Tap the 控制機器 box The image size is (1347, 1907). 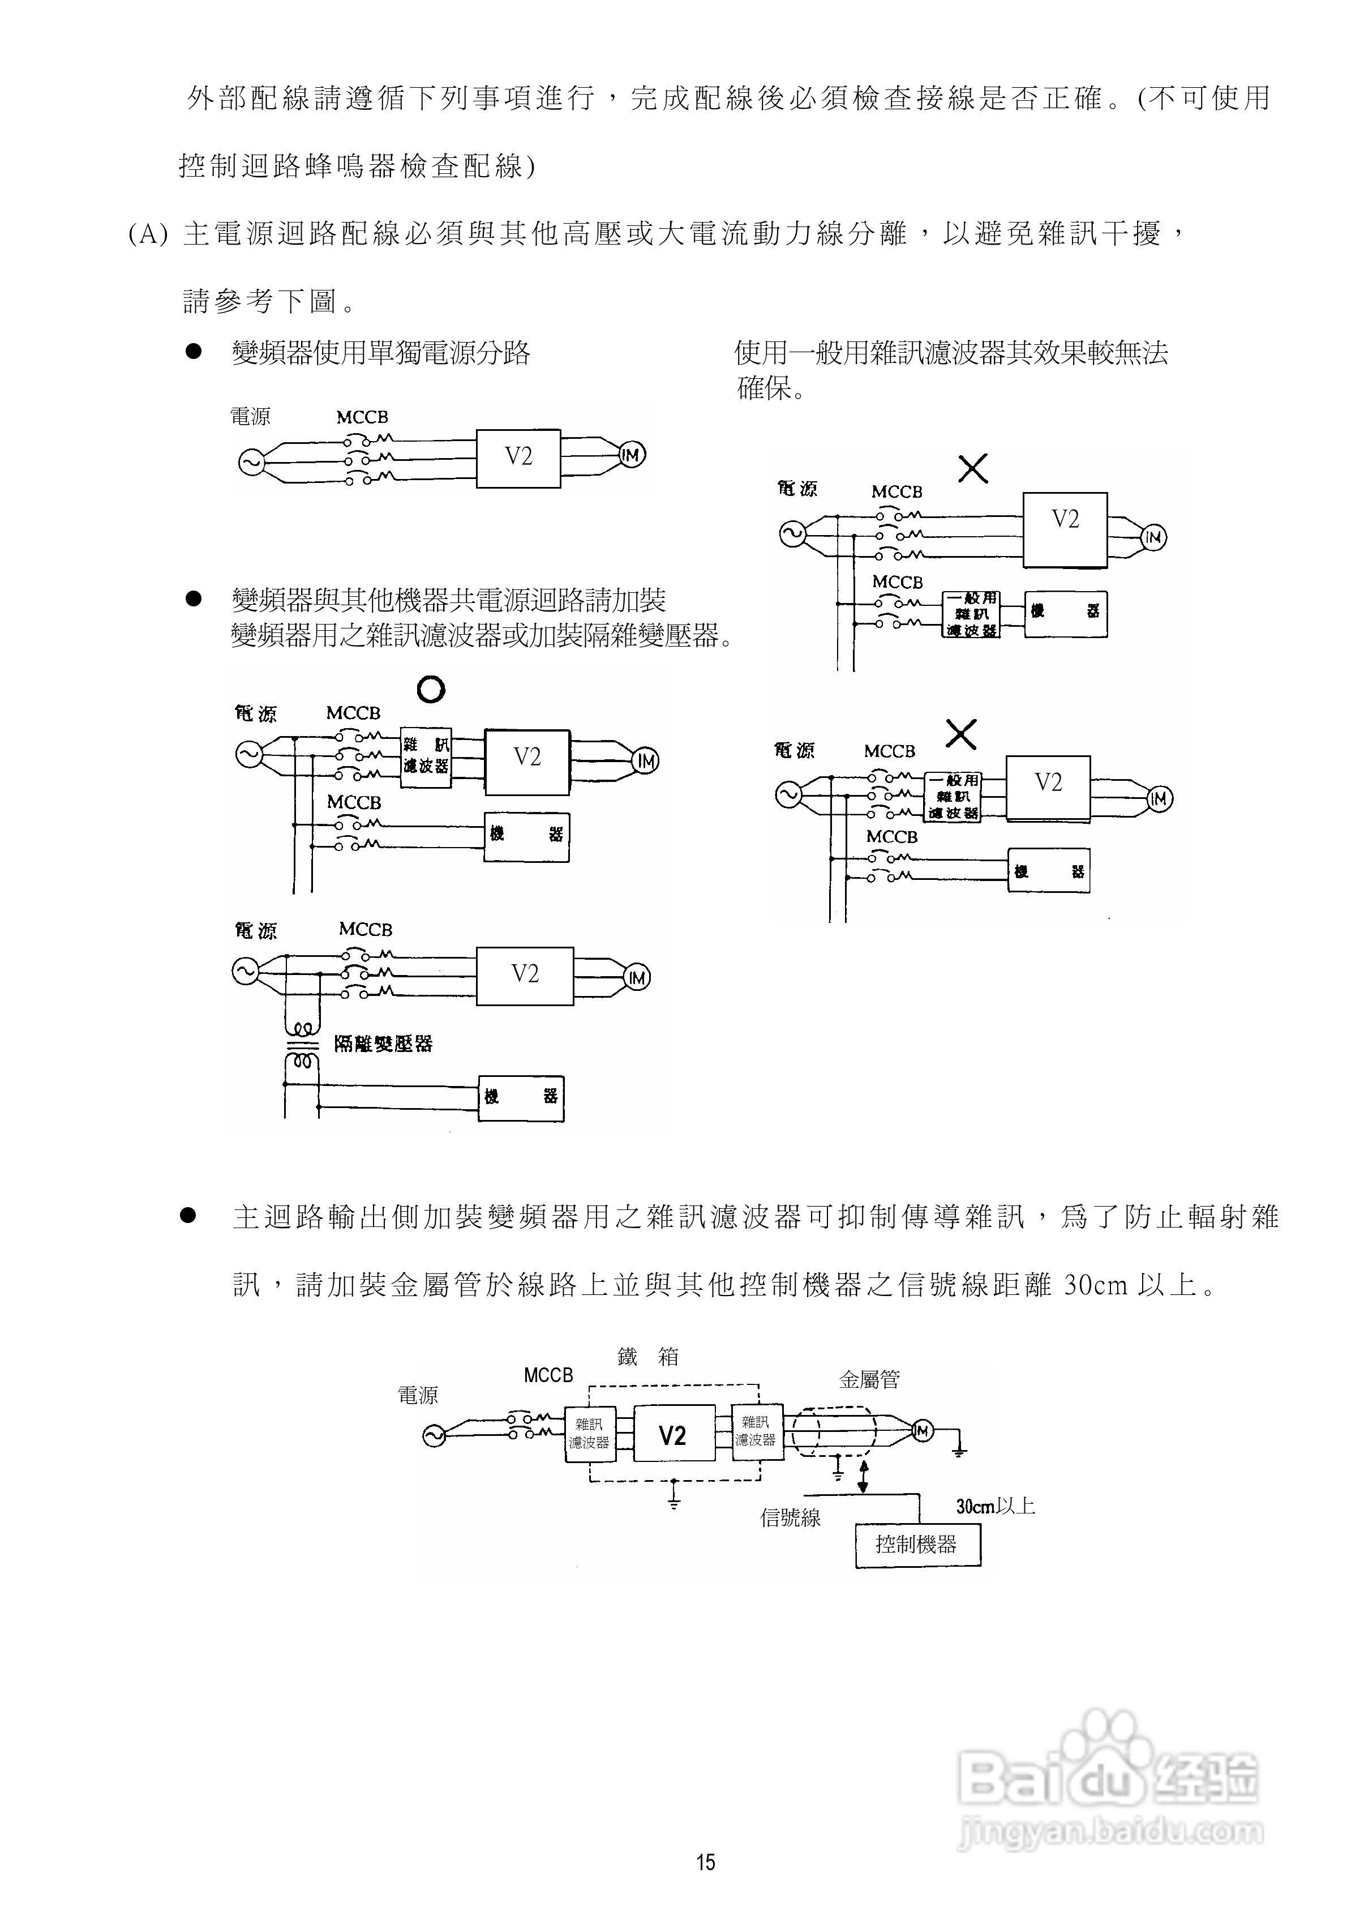point(917,1544)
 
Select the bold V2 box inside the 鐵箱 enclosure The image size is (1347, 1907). point(673,1434)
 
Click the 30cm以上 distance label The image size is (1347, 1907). point(995,1505)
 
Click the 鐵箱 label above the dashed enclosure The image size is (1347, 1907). point(648,1356)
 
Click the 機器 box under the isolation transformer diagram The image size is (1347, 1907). point(521,1097)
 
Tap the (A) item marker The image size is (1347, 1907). point(148,234)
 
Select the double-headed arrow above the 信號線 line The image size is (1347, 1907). point(864,1475)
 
